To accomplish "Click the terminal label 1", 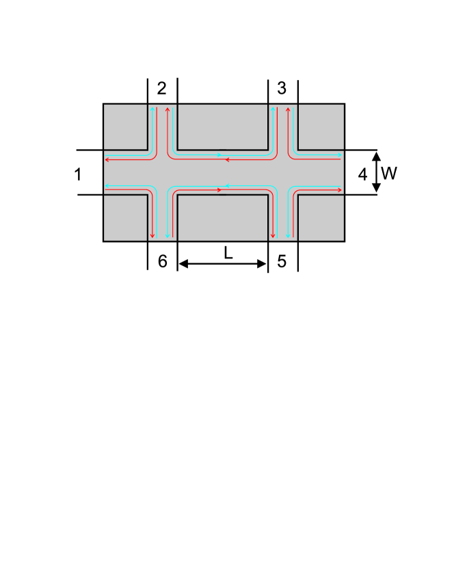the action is coord(78,174).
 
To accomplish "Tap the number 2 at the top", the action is coord(161,88).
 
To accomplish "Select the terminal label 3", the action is coord(282,88).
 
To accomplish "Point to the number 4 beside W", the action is coord(362,174).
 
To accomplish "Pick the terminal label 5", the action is coord(282,261).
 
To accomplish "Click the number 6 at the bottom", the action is coord(163,261).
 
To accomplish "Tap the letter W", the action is coord(389,174).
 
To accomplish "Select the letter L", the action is coord(228,253).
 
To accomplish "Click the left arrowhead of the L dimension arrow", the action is coord(183,264).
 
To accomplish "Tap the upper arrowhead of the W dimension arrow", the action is coord(376,155).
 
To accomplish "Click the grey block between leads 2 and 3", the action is coord(222,126).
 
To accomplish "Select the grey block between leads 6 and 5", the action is coord(222,218).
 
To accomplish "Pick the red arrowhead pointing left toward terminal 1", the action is coord(107,161).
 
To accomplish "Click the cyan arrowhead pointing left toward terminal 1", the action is coord(107,185).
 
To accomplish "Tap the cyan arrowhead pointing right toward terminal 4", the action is coord(339,156).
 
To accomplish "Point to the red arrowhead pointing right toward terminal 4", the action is coord(339,189).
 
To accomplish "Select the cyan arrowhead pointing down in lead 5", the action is coord(288,236).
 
